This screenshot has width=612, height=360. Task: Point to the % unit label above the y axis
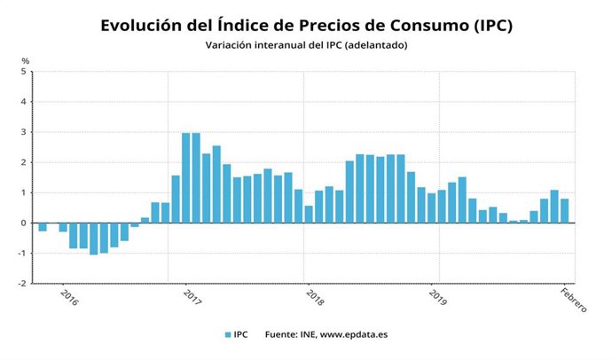(26, 60)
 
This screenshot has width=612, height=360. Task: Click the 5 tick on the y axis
(25, 72)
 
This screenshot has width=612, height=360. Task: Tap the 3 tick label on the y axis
(25, 132)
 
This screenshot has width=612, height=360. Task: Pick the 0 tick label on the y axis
(25, 223)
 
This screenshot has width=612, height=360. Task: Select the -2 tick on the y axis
(23, 284)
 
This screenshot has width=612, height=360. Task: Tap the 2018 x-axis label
(313, 295)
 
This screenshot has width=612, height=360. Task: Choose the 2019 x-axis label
(436, 295)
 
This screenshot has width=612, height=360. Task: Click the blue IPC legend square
(228, 334)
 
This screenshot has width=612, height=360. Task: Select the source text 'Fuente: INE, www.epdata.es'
(321, 334)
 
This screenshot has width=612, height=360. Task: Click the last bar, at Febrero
(564, 211)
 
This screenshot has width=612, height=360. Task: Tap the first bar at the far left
(43, 227)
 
